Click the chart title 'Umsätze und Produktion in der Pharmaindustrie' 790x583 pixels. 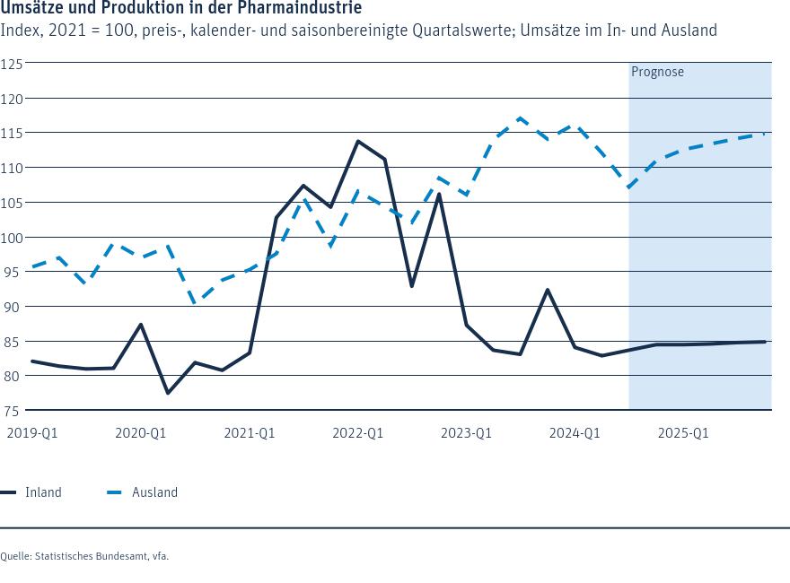click(181, 8)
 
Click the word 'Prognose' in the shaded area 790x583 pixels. click(657, 72)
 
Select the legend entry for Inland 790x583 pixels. click(32, 492)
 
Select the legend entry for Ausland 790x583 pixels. click(143, 492)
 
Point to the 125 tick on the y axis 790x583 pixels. click(12, 64)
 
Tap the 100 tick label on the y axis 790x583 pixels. click(12, 238)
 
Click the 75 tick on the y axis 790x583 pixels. click(12, 411)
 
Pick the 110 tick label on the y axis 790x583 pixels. click(12, 168)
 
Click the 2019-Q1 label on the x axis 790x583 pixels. click(31, 433)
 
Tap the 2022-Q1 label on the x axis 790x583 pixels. click(357, 433)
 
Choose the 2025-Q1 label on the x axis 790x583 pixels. click(683, 433)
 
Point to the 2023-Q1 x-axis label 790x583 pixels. click(466, 433)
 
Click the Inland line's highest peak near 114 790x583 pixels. click(357, 141)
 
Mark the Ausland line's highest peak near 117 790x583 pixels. click(520, 117)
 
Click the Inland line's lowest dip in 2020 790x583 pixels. click(168, 393)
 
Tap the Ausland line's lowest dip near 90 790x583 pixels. click(195, 303)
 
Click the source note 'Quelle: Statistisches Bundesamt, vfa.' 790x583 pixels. click(84, 556)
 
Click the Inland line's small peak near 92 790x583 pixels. click(548, 290)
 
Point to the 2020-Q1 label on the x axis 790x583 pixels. click(140, 433)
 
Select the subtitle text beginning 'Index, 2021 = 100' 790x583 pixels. click(359, 30)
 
